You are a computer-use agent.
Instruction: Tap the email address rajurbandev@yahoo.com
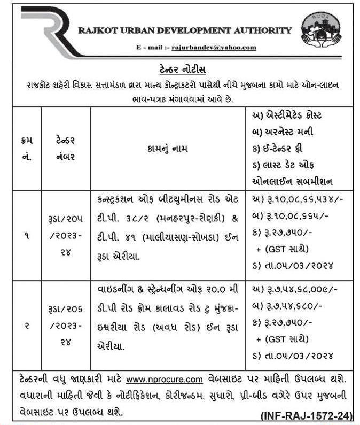pyautogui.click(x=214, y=48)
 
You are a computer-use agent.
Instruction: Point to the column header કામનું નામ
pyautogui.click(x=165, y=148)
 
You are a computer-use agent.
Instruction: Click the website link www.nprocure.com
pyautogui.click(x=165, y=380)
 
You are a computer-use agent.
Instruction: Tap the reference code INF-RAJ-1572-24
pyautogui.click(x=306, y=415)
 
